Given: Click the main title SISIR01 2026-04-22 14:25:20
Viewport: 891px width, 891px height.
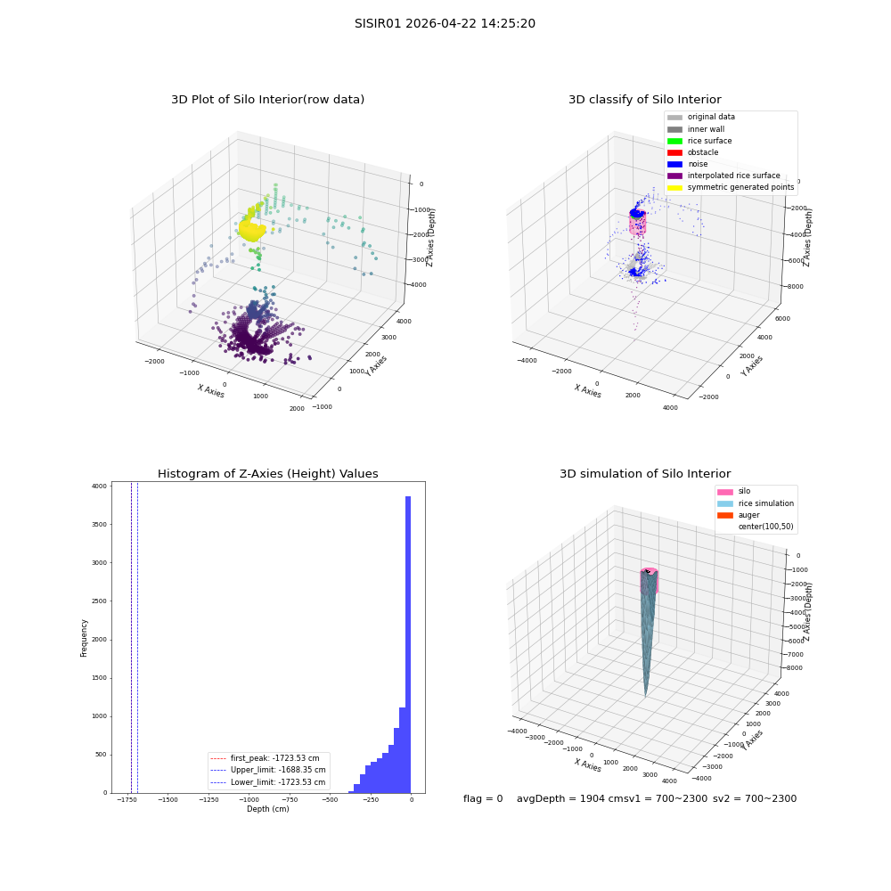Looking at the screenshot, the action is [x=445, y=23].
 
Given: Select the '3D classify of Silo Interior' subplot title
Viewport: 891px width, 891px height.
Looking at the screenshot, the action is [x=645, y=100].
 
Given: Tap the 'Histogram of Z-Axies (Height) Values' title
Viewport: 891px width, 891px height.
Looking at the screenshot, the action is [x=267, y=473].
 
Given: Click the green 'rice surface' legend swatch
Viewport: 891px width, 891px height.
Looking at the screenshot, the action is [x=674, y=141].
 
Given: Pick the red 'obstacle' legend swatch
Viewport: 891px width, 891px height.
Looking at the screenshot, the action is [x=674, y=152].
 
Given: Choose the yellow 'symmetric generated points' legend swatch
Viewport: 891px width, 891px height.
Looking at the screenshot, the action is [x=674, y=187].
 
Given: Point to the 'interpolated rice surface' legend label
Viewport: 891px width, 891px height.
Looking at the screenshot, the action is [x=733, y=176].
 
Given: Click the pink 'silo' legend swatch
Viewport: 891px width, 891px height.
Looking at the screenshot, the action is [x=725, y=492].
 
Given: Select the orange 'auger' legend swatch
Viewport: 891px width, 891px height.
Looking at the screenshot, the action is [x=725, y=515].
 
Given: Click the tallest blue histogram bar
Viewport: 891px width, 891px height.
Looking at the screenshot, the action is [x=408, y=644].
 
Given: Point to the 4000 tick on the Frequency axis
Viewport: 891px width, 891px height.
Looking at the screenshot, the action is [x=100, y=486].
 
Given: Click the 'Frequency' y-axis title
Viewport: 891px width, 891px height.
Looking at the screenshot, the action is [x=84, y=638].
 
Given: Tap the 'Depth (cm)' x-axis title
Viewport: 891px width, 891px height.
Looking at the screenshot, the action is [x=267, y=809].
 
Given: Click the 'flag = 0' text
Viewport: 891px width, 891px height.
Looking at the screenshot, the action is [x=483, y=798].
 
